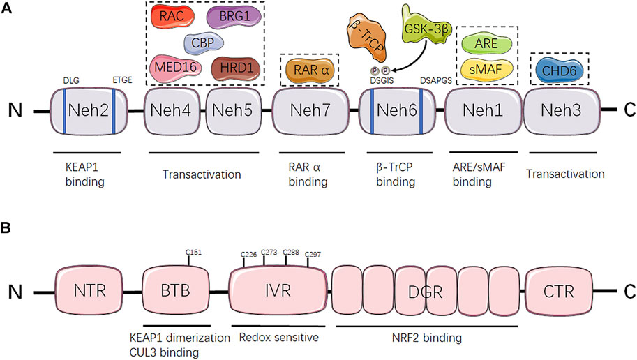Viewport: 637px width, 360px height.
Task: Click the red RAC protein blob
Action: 172,16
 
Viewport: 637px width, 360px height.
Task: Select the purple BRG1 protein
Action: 234,17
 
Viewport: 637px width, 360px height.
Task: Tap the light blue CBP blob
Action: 204,43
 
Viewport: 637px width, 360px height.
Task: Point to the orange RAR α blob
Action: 310,70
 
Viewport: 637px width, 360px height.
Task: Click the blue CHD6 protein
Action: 560,70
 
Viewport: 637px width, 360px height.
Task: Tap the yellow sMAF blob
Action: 486,70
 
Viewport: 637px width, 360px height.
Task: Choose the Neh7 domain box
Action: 310,111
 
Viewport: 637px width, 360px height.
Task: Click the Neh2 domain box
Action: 89,111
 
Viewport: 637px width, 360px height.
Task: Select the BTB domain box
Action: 176,291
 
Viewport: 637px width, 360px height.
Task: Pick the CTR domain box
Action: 559,292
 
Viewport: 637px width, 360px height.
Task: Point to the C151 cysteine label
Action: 193,253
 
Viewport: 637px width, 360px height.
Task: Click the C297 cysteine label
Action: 313,255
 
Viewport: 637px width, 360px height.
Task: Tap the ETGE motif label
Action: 122,80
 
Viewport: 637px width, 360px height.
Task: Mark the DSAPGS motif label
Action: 436,80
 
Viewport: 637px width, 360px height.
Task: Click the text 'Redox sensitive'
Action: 278,337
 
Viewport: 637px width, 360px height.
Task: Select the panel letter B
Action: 6,228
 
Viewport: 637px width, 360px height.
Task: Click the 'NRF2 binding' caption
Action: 427,338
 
